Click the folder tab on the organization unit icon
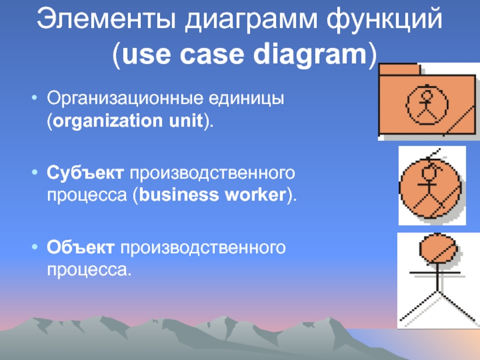point(397,68)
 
